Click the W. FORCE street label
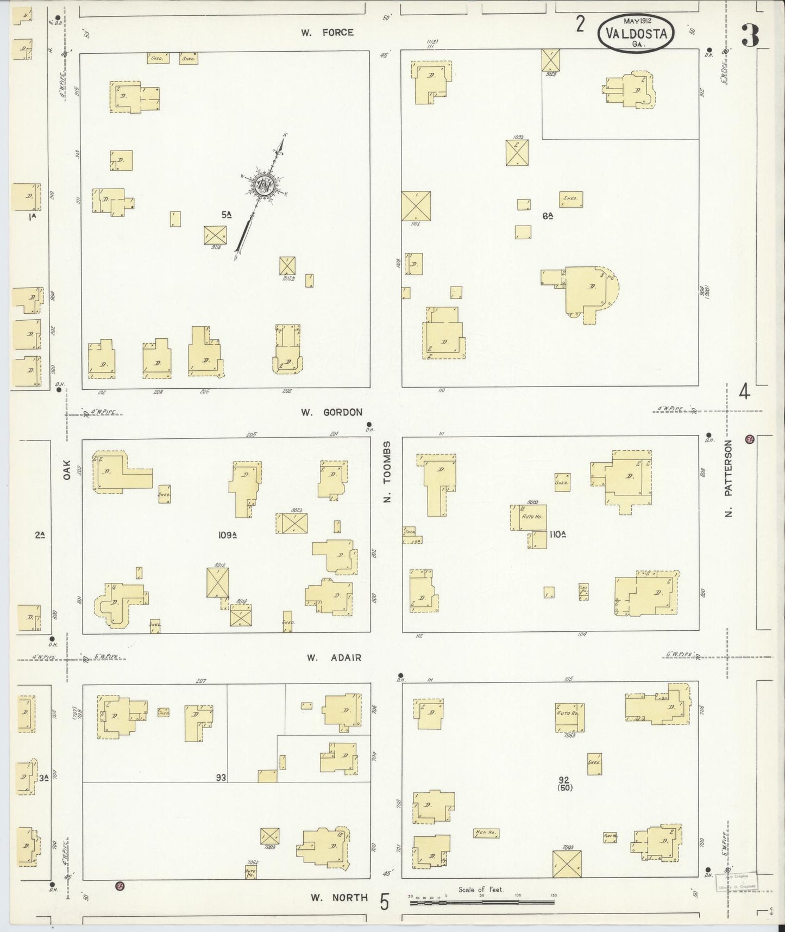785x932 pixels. coord(328,33)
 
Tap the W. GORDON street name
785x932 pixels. coord(331,412)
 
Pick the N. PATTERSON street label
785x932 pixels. coord(729,479)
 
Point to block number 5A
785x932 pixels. coord(227,215)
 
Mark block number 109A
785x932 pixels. coord(228,535)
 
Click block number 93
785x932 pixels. coord(221,778)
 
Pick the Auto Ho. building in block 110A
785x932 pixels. coord(528,518)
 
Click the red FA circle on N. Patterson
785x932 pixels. coord(750,439)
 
